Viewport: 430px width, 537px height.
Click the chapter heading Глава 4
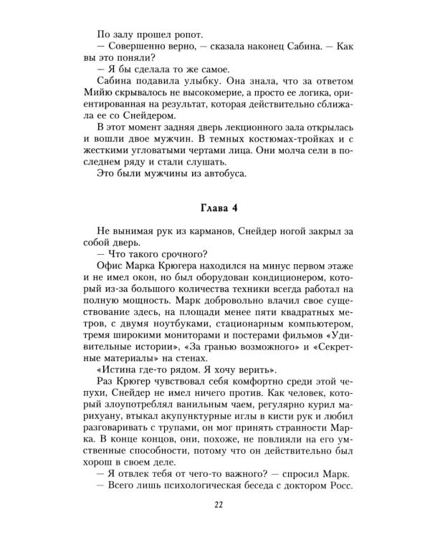(x=215, y=208)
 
